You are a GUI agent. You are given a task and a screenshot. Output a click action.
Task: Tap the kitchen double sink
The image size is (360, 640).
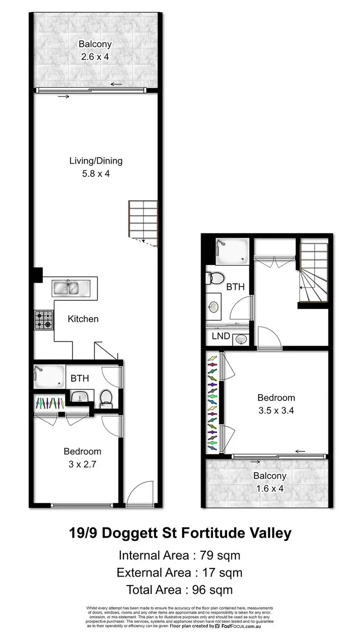(x=69, y=288)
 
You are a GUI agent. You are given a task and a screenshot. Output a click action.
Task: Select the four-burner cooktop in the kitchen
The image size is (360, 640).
(x=44, y=320)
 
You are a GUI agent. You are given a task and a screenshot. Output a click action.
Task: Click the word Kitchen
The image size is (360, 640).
(x=83, y=319)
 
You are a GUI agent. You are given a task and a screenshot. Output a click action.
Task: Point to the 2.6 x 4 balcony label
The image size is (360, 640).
(x=95, y=55)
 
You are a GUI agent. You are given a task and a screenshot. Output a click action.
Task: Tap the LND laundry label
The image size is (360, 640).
(x=220, y=337)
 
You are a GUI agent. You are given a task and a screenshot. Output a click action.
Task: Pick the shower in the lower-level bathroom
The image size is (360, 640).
(x=48, y=376)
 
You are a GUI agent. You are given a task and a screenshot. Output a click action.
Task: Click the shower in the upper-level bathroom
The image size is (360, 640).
(x=231, y=251)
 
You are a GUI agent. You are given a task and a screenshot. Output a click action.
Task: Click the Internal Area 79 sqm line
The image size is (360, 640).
(x=180, y=555)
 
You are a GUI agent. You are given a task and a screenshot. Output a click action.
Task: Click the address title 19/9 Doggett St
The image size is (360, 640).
(x=180, y=533)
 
